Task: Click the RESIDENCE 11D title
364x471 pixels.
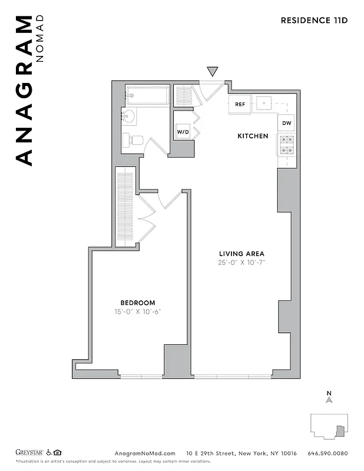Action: [314, 21]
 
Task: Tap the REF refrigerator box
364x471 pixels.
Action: [240, 104]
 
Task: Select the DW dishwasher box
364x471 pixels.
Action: [286, 123]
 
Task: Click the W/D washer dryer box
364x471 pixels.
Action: [183, 132]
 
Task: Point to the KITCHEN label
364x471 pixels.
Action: [253, 136]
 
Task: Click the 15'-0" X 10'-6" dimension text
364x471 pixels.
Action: [138, 312]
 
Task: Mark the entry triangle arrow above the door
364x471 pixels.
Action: [213, 72]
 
